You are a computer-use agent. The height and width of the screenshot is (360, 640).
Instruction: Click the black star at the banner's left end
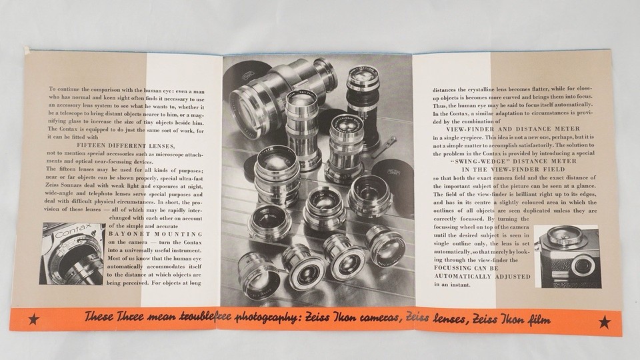[34, 321]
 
